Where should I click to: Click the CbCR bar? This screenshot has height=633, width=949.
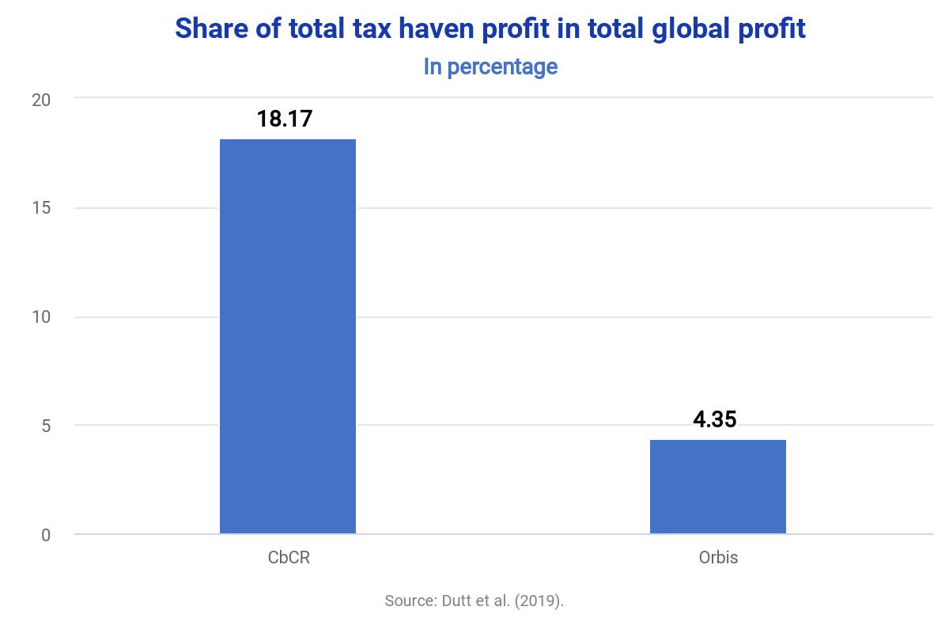(x=288, y=336)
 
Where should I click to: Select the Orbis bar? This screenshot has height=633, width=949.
(x=718, y=487)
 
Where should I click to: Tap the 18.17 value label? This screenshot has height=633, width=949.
(x=285, y=119)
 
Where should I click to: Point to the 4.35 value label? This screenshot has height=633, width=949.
(x=715, y=419)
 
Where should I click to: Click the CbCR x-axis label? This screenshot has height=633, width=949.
(x=289, y=557)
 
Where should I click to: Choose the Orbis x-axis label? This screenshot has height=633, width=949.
(x=718, y=557)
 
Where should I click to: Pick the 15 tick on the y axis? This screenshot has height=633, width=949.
(x=41, y=208)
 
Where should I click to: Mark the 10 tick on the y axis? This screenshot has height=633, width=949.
(x=41, y=317)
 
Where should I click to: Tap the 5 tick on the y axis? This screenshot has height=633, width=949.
(x=45, y=426)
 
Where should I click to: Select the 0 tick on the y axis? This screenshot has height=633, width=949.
(x=45, y=535)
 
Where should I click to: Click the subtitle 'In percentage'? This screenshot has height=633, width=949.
(x=490, y=66)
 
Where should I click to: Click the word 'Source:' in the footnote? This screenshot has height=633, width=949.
(x=409, y=601)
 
